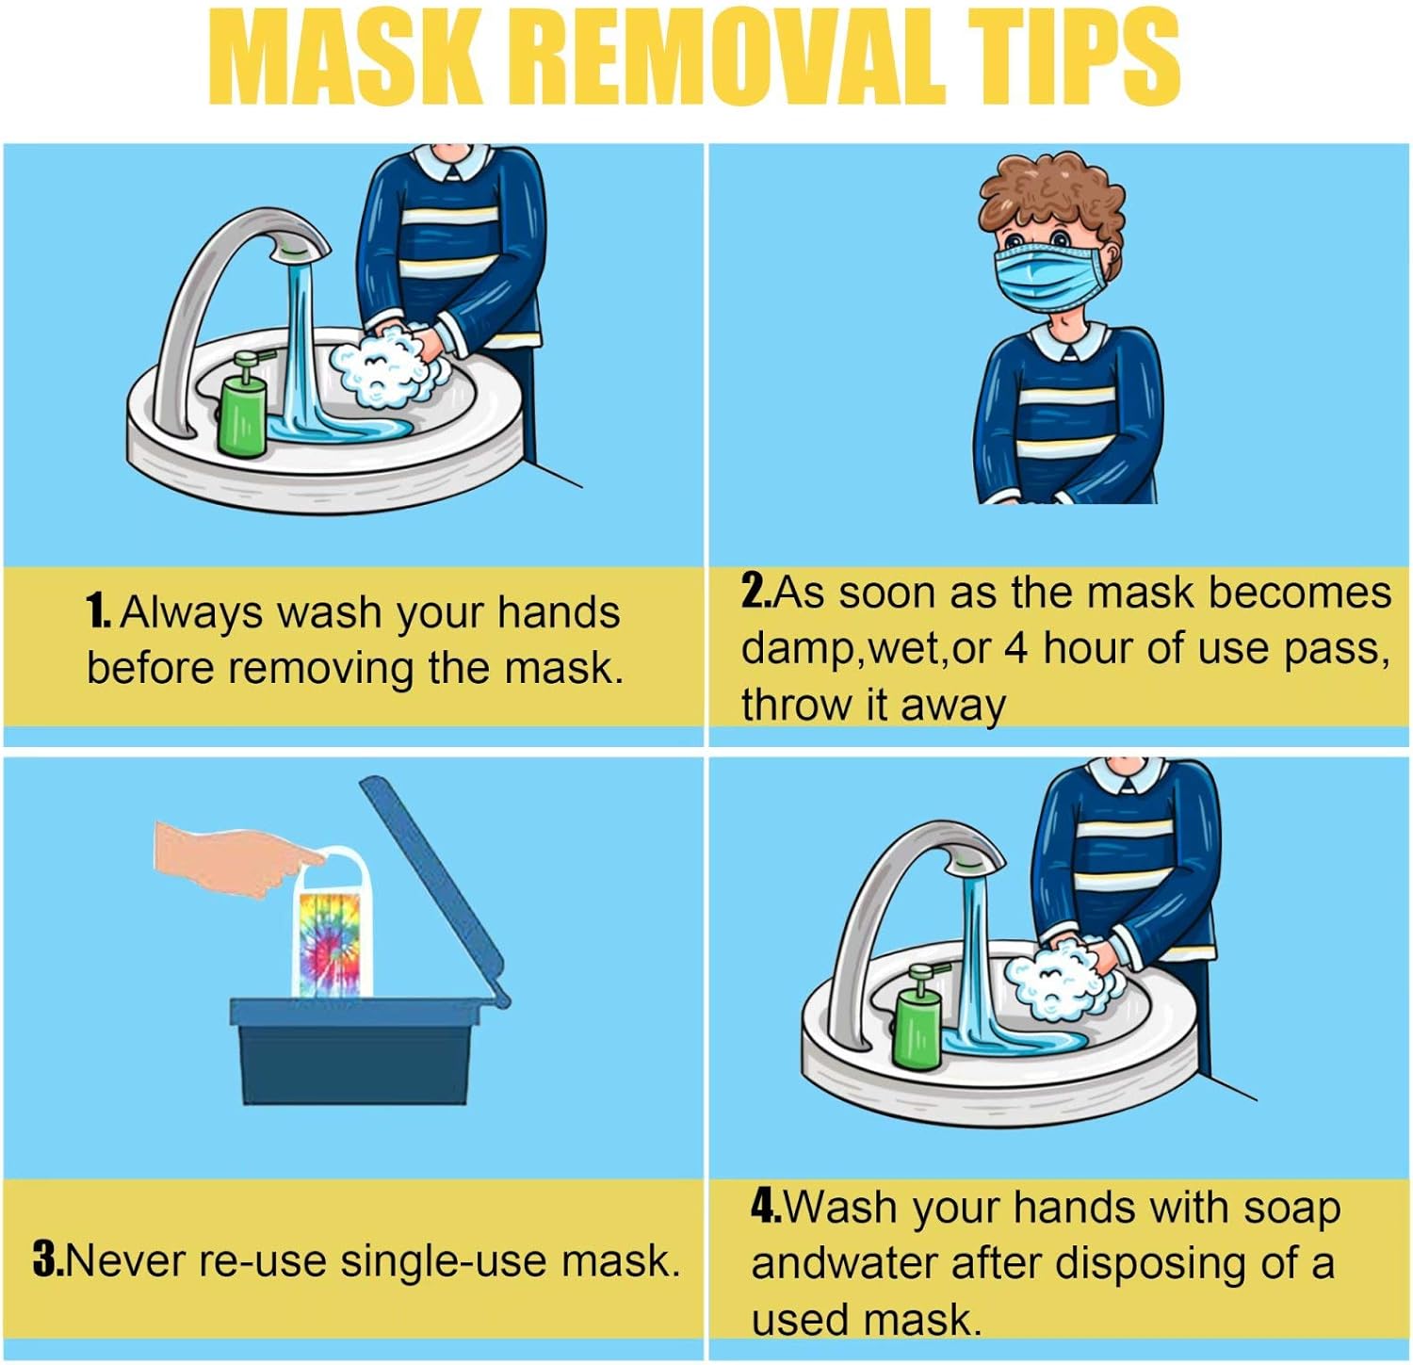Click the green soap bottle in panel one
tap(241, 407)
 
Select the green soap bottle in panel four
tap(916, 1019)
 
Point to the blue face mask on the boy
tap(1048, 275)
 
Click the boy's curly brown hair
tap(1050, 193)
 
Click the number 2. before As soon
tap(755, 592)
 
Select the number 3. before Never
tap(47, 1260)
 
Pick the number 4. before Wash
tap(766, 1206)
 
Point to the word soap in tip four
tap(1291, 1208)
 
